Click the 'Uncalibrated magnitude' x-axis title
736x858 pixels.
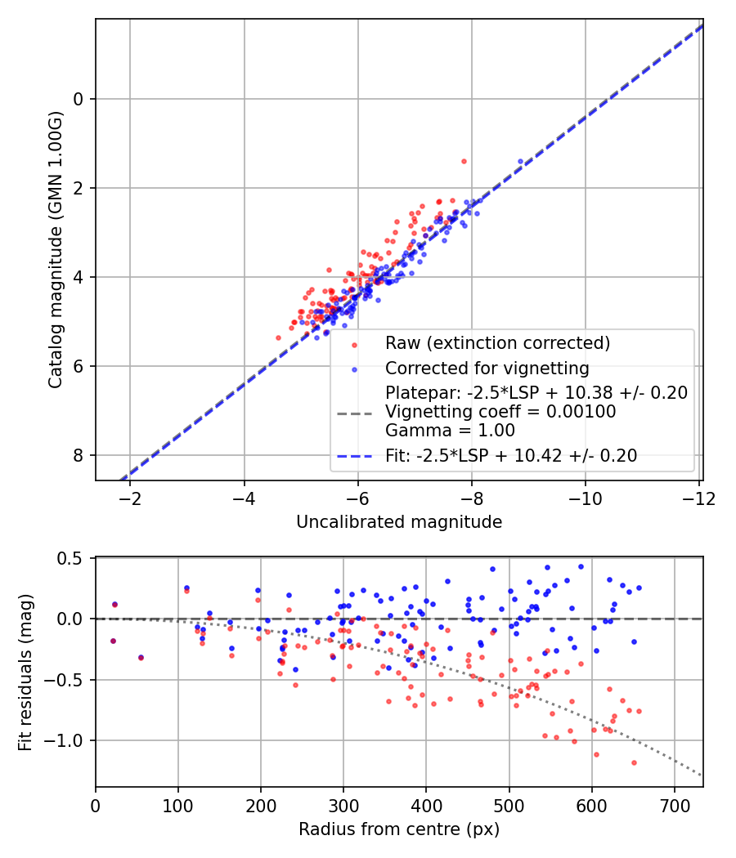coord(399,521)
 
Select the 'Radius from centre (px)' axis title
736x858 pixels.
coord(399,829)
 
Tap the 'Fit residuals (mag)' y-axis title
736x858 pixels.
coord(25,672)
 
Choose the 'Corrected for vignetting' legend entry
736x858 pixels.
coord(487,368)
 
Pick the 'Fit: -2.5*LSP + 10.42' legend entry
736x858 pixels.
coord(511,456)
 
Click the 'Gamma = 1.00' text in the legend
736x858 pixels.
coord(438,431)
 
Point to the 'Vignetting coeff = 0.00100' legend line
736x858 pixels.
coord(500,412)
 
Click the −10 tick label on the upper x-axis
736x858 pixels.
coord(586,498)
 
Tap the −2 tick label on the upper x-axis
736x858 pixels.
coord(130,498)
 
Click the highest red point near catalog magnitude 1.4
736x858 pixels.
coord(464,161)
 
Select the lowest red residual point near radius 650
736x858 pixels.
coord(634,762)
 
